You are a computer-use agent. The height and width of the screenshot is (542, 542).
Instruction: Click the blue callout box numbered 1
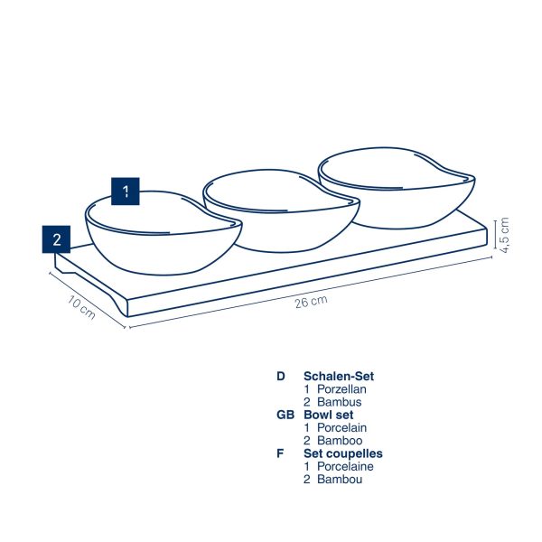126,192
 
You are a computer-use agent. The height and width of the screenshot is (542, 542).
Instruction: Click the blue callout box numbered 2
56,239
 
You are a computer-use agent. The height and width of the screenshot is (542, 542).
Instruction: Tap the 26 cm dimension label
311,302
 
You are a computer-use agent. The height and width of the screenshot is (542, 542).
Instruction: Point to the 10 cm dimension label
81,307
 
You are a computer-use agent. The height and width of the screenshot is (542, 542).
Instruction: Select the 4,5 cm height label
504,235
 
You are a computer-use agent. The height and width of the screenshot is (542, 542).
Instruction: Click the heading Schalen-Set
339,376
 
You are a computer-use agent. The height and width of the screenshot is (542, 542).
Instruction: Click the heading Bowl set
329,415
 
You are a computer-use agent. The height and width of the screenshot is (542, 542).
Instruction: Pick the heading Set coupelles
343,453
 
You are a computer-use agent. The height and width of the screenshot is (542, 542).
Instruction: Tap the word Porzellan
341,389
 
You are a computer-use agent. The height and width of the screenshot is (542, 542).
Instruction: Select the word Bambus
340,402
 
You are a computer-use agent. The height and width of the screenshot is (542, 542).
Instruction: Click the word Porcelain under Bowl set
341,427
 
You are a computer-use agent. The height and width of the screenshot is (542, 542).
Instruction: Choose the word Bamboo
340,441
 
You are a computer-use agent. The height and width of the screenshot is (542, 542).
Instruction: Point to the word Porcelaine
345,466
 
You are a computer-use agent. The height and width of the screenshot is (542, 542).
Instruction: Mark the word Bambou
340,479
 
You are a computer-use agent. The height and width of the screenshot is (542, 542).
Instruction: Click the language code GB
285,415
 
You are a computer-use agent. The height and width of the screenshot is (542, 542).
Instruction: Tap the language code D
281,376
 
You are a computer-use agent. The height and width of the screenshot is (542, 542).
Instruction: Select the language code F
280,453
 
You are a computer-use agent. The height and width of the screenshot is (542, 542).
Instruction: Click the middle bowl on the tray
281,210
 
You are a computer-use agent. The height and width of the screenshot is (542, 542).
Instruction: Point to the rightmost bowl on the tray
397,188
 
